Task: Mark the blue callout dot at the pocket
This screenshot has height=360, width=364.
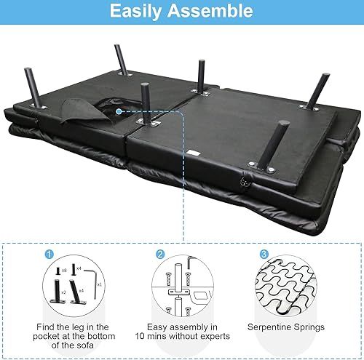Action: point(118,111)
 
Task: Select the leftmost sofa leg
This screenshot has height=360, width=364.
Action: point(33,87)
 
